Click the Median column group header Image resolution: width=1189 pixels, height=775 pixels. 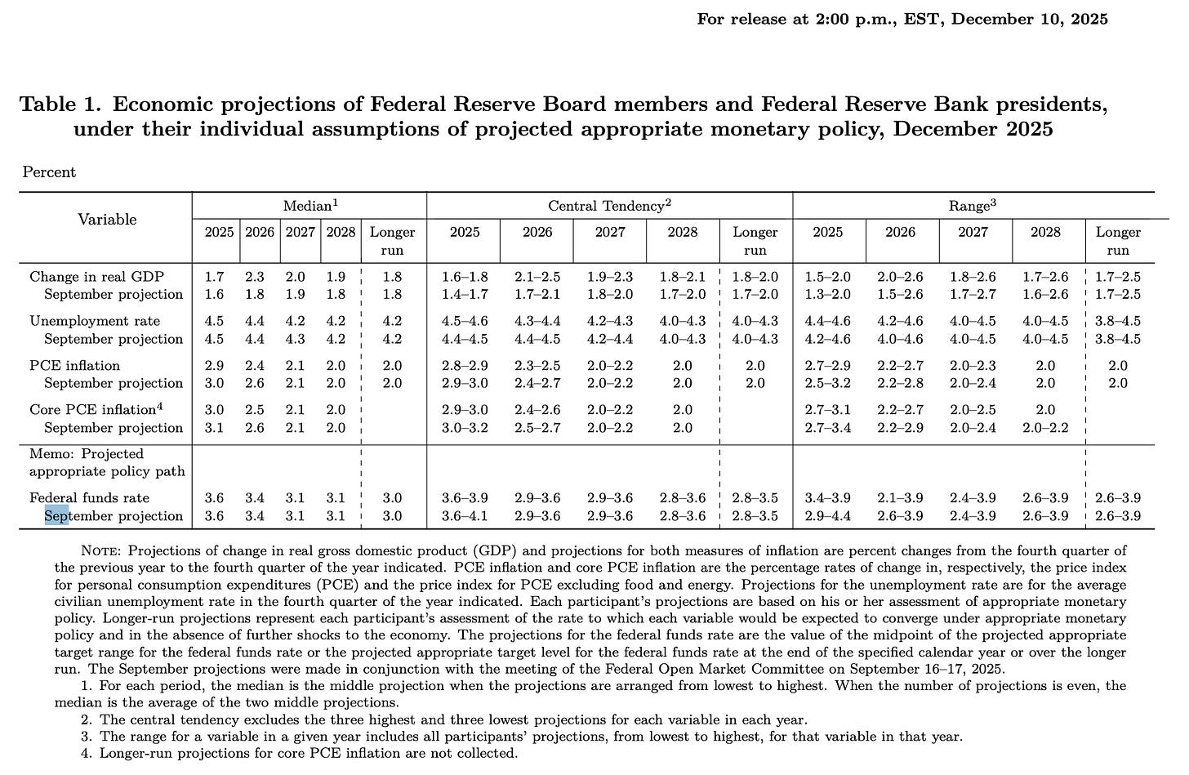click(x=309, y=206)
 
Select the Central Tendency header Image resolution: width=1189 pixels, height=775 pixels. click(x=609, y=206)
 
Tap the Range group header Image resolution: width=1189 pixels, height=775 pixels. click(x=973, y=206)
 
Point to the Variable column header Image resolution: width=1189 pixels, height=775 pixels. click(x=106, y=219)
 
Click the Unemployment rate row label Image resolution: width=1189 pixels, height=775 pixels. click(x=95, y=321)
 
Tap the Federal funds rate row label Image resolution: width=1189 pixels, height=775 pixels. click(x=89, y=497)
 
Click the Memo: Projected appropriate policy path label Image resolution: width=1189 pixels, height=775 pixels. click(x=106, y=462)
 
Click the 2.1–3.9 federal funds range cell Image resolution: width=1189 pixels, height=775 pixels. click(x=900, y=497)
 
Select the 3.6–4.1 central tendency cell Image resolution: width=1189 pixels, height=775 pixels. click(x=465, y=515)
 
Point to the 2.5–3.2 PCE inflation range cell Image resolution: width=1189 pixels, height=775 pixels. click(x=827, y=383)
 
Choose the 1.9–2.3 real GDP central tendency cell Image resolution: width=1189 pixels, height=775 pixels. click(x=610, y=277)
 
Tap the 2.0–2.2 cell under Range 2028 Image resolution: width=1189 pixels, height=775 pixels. click(x=1045, y=427)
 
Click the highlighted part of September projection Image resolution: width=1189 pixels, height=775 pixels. click(x=56, y=515)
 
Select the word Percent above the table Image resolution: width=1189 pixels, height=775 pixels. click(x=49, y=171)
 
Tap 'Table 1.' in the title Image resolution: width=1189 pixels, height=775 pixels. click(x=61, y=105)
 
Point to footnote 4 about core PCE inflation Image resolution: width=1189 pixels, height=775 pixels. click(x=308, y=753)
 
